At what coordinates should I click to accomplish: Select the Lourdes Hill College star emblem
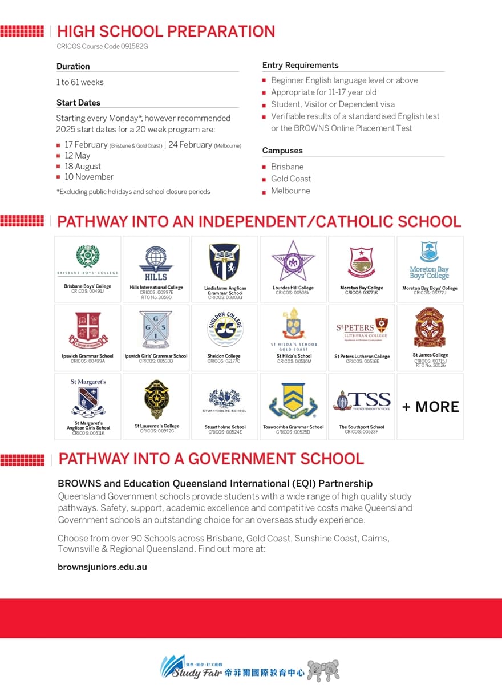point(293,261)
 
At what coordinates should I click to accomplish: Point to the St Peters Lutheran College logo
point(362,329)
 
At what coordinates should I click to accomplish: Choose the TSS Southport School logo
point(362,400)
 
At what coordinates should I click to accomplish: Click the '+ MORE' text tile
point(430,407)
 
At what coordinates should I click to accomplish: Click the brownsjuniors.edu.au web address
point(103,567)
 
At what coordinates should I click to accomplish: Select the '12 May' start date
point(78,155)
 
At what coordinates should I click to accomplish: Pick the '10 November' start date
point(88,177)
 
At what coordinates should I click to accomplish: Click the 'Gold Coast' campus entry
point(291,179)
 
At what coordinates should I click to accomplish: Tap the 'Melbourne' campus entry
point(290,191)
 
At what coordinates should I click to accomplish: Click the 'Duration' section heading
point(73,66)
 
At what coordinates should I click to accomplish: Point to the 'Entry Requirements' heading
point(300,65)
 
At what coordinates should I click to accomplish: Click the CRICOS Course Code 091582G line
point(102,46)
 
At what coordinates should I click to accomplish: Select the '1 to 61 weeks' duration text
point(80,82)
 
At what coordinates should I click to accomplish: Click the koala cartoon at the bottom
point(323,671)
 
